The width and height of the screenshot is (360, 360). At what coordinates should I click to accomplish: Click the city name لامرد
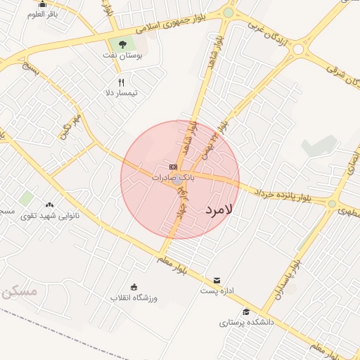pyautogui.click(x=219, y=210)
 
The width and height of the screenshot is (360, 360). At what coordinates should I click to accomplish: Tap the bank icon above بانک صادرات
pyautogui.click(x=173, y=167)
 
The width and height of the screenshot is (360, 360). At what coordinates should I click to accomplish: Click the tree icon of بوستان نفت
pyautogui.click(x=113, y=44)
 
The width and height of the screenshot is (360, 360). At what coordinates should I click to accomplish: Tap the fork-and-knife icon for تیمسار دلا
pyautogui.click(x=121, y=82)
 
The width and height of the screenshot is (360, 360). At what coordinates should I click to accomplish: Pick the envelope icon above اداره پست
pyautogui.click(x=217, y=280)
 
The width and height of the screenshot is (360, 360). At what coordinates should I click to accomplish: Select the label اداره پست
pyautogui.click(x=217, y=290)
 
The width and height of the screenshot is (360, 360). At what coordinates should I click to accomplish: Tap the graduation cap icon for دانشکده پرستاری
pyautogui.click(x=246, y=312)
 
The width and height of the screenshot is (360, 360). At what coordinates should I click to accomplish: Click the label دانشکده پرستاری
pyautogui.click(x=246, y=323)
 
